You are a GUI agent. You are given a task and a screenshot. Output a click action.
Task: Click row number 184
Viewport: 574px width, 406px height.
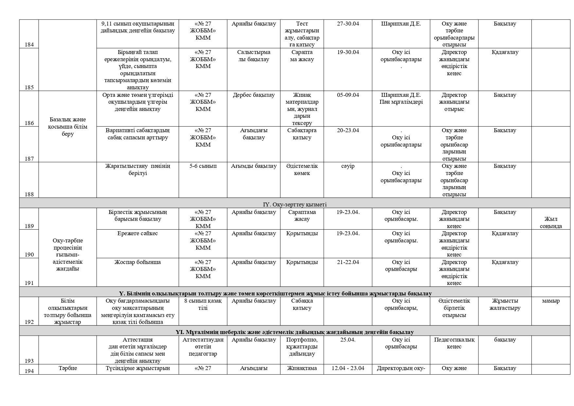click(29, 44)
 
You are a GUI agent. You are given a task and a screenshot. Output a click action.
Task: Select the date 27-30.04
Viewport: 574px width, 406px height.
click(348, 24)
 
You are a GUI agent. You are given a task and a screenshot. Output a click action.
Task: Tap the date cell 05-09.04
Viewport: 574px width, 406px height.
click(348, 95)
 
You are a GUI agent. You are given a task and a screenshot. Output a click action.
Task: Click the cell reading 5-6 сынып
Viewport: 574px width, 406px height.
click(203, 166)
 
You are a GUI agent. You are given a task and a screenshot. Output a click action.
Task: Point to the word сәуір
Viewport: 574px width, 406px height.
click(348, 166)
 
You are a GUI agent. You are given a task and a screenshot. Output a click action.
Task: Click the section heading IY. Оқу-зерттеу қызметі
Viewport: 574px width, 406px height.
click(295, 204)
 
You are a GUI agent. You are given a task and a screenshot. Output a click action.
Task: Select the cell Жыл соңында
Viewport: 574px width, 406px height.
click(551, 222)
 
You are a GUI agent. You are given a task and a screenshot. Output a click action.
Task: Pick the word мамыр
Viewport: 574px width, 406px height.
click(551, 301)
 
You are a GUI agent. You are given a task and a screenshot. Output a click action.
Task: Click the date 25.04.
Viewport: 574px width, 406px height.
click(348, 340)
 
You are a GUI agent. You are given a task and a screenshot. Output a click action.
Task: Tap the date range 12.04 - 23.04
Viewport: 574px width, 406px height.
click(348, 368)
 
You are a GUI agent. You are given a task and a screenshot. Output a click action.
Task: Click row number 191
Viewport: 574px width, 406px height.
click(29, 283)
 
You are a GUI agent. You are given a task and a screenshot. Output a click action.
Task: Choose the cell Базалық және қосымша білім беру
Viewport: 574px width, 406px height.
click(68, 127)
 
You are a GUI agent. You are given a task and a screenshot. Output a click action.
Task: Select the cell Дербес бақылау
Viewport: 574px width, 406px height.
click(254, 95)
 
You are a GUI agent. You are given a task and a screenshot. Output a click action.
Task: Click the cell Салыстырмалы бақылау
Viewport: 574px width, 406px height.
click(254, 56)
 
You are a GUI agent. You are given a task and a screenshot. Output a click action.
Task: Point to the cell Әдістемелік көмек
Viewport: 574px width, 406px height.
click(302, 169)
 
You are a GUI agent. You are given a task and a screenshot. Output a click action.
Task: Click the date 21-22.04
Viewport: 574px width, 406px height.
click(348, 262)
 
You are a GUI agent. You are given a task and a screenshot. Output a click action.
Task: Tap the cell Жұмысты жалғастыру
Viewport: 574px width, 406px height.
click(505, 304)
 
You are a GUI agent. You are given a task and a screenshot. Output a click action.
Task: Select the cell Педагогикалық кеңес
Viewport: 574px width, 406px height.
click(454, 343)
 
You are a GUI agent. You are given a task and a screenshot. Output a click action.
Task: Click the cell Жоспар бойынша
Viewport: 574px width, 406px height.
click(137, 262)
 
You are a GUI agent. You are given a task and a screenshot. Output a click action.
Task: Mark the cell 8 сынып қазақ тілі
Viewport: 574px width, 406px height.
click(203, 304)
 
